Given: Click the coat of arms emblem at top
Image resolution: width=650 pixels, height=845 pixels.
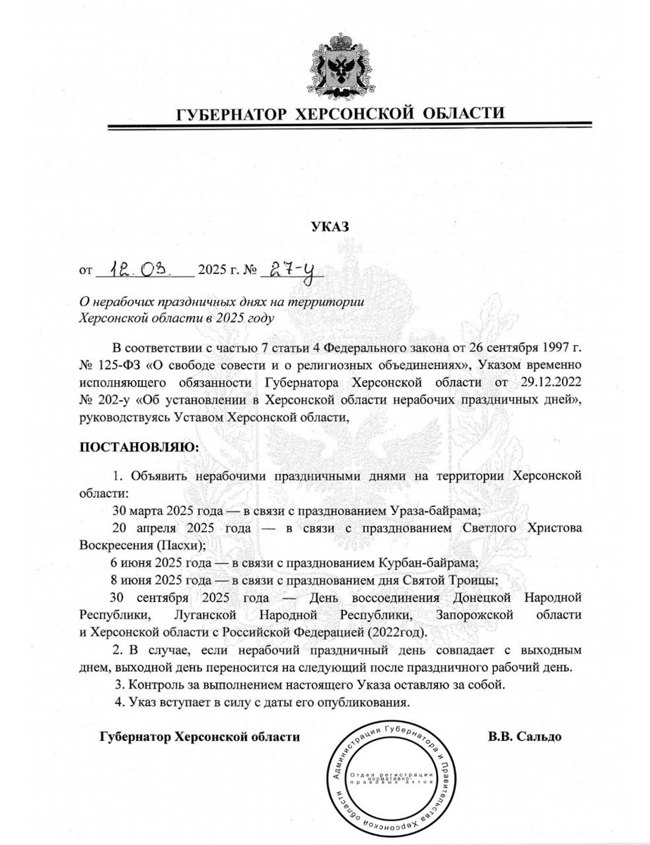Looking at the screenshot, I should tap(330, 65).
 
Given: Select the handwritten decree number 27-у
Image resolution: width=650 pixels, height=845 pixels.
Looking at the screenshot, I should tap(288, 268).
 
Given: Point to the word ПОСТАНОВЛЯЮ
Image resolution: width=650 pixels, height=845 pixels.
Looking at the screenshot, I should tap(138, 446).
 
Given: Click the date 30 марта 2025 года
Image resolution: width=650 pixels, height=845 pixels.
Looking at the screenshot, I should tap(161, 510).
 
